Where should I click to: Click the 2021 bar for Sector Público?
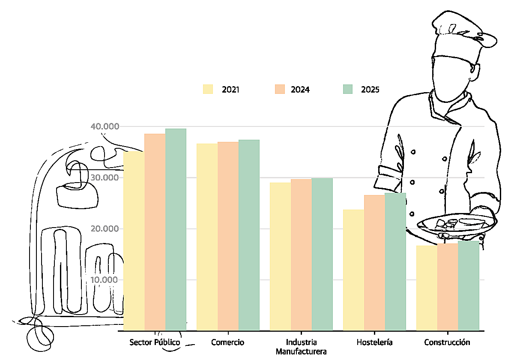pyautogui.click(x=134, y=240)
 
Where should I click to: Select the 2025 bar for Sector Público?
pyautogui.click(x=176, y=229)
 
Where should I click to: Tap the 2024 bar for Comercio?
pyautogui.click(x=228, y=236)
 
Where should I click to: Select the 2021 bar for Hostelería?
pyautogui.click(x=353, y=270)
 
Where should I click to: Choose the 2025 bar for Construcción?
pyautogui.click(x=469, y=285)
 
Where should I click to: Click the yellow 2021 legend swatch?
pyautogui.click(x=208, y=89)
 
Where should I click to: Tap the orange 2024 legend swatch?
pyautogui.click(x=278, y=89)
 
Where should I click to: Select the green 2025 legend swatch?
pyautogui.click(x=347, y=89)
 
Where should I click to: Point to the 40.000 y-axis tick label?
pyautogui.click(x=104, y=126)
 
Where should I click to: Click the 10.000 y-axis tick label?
pyautogui.click(x=104, y=280)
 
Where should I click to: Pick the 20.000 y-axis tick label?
pyautogui.click(x=104, y=228)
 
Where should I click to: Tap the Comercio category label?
pyautogui.click(x=228, y=342)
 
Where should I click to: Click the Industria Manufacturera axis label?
pyautogui.click(x=301, y=347)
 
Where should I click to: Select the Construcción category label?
pyautogui.click(x=447, y=342)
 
